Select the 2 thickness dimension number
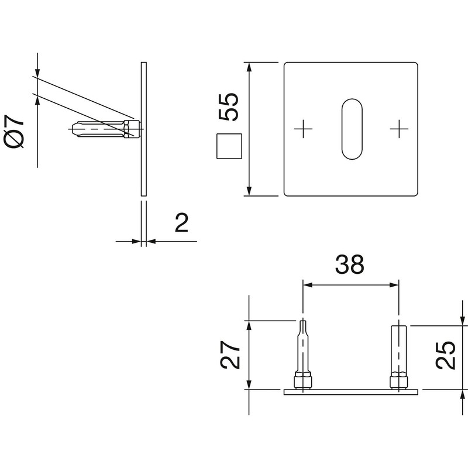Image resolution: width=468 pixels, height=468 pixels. tap(182, 223)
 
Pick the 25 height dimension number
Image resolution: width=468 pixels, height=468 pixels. tap(446, 355)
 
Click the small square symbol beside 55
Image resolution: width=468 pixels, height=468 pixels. tap(229, 146)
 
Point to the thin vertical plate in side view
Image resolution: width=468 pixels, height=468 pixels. tap(144, 129)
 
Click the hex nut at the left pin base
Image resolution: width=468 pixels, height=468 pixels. tap(302, 380)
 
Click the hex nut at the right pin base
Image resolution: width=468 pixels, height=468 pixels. tap(398, 380)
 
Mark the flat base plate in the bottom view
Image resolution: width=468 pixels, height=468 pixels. tap(351, 392)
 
